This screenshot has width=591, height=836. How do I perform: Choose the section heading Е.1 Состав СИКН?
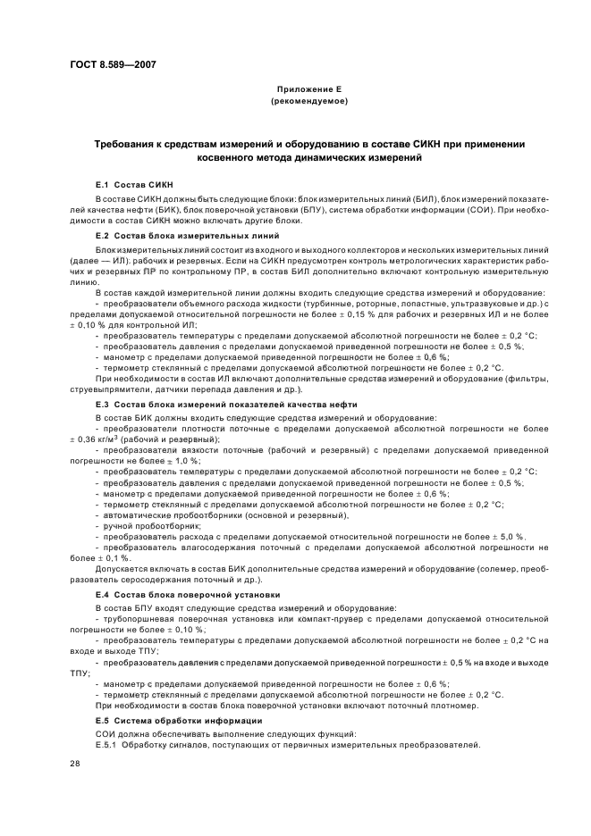coord(126,182)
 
